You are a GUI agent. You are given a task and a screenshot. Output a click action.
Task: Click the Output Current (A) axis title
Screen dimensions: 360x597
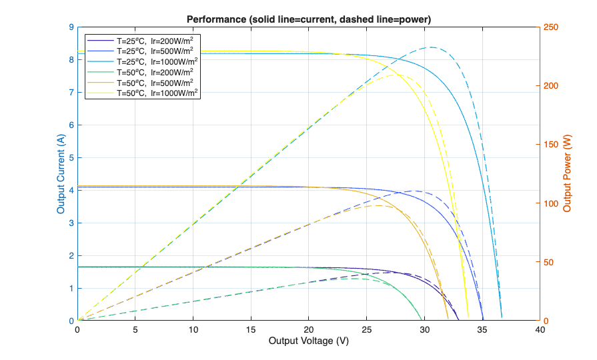pyautogui.click(x=61, y=174)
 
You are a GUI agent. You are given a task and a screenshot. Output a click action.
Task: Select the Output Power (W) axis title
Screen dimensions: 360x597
pyautogui.click(x=568, y=174)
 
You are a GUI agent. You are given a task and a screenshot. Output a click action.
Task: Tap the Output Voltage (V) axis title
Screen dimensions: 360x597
pyautogui.click(x=308, y=341)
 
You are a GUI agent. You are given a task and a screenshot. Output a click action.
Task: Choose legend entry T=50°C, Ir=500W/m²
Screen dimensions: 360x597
pyautogui.click(x=155, y=82)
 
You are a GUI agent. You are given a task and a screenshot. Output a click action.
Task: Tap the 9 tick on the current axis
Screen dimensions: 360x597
pyautogui.click(x=71, y=27)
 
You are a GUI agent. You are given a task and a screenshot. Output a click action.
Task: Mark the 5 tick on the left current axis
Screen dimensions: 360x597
pyautogui.click(x=71, y=157)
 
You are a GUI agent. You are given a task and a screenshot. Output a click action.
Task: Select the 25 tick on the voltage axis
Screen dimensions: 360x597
pyautogui.click(x=366, y=329)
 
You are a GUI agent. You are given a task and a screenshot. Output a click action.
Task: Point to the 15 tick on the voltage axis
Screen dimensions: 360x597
pyautogui.click(x=251, y=329)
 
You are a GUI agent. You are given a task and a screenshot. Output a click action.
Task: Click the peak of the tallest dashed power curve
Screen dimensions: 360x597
pyautogui.click(x=432, y=47)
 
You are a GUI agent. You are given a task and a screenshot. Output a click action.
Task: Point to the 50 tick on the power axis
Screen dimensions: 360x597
pyautogui.click(x=548, y=262)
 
